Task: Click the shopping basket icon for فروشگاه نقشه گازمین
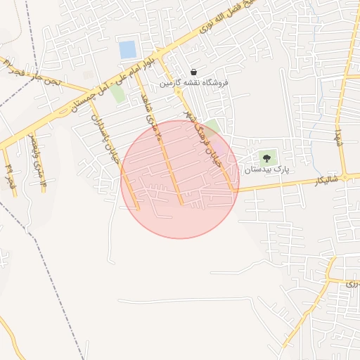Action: [193, 72]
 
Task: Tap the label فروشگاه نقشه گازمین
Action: [193, 83]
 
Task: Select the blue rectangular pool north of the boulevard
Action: [128, 50]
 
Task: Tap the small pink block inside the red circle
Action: [221, 149]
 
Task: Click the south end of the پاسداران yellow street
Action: [138, 208]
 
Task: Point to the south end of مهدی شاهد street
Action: [181, 204]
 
